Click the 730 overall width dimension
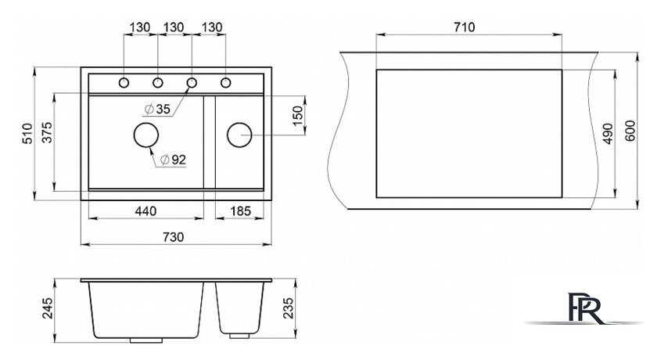coord(173,237)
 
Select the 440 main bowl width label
coord(145,211)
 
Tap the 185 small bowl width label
coord(240,211)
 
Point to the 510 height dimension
coord(27,133)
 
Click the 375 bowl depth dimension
coord(47,132)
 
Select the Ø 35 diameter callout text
coord(157,110)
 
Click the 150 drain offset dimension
coord(297,116)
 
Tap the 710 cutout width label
coord(465,27)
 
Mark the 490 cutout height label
coord(608,133)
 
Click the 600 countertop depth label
coord(630,131)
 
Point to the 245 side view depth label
coord(48,308)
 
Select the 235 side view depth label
coord(289,308)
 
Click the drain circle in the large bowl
coord(145,135)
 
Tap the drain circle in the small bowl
coord(239,135)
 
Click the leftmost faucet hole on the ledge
coord(124,82)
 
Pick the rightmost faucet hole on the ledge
coord(225,82)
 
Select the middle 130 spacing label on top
coord(173,27)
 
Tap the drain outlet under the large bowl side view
coord(145,340)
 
